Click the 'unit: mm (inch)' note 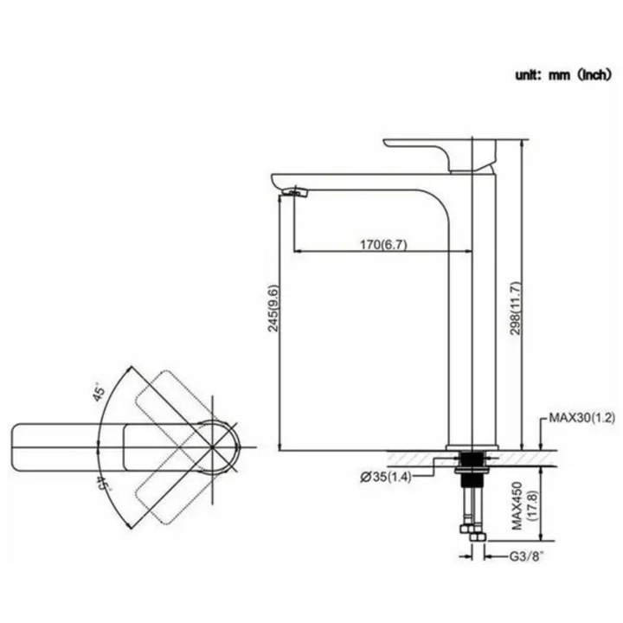pos(562,74)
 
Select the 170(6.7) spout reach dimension pos(383,244)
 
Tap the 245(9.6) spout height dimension pos(273,308)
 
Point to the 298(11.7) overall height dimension pos(516,308)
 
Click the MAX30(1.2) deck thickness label pos(582,418)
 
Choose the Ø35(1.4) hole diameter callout pos(385,477)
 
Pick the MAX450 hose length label pos(517,506)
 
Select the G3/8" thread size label pos(526,556)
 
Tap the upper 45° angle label pos(100,392)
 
